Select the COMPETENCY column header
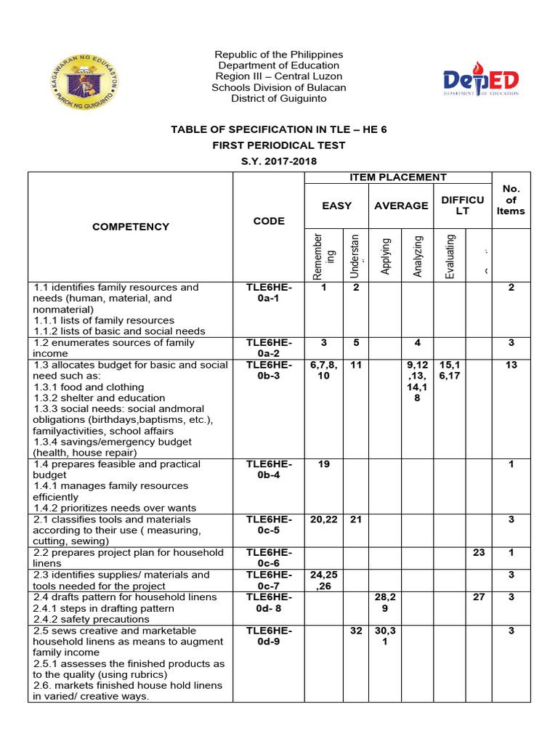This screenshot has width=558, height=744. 131,227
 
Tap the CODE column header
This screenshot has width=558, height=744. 269,221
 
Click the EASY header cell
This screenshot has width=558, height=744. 336,206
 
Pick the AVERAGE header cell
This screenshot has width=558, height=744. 401,206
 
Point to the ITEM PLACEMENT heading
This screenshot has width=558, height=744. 398,177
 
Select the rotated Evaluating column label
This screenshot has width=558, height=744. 450,256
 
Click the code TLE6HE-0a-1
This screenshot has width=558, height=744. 269,293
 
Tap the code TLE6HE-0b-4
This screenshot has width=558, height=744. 269,469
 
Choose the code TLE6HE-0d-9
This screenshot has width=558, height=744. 269,636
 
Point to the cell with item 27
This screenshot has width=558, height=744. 478,597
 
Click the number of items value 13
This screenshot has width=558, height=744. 511,365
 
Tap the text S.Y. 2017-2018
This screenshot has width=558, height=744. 279,161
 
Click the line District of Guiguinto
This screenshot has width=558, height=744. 279,99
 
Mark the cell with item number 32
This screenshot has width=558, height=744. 356,631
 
